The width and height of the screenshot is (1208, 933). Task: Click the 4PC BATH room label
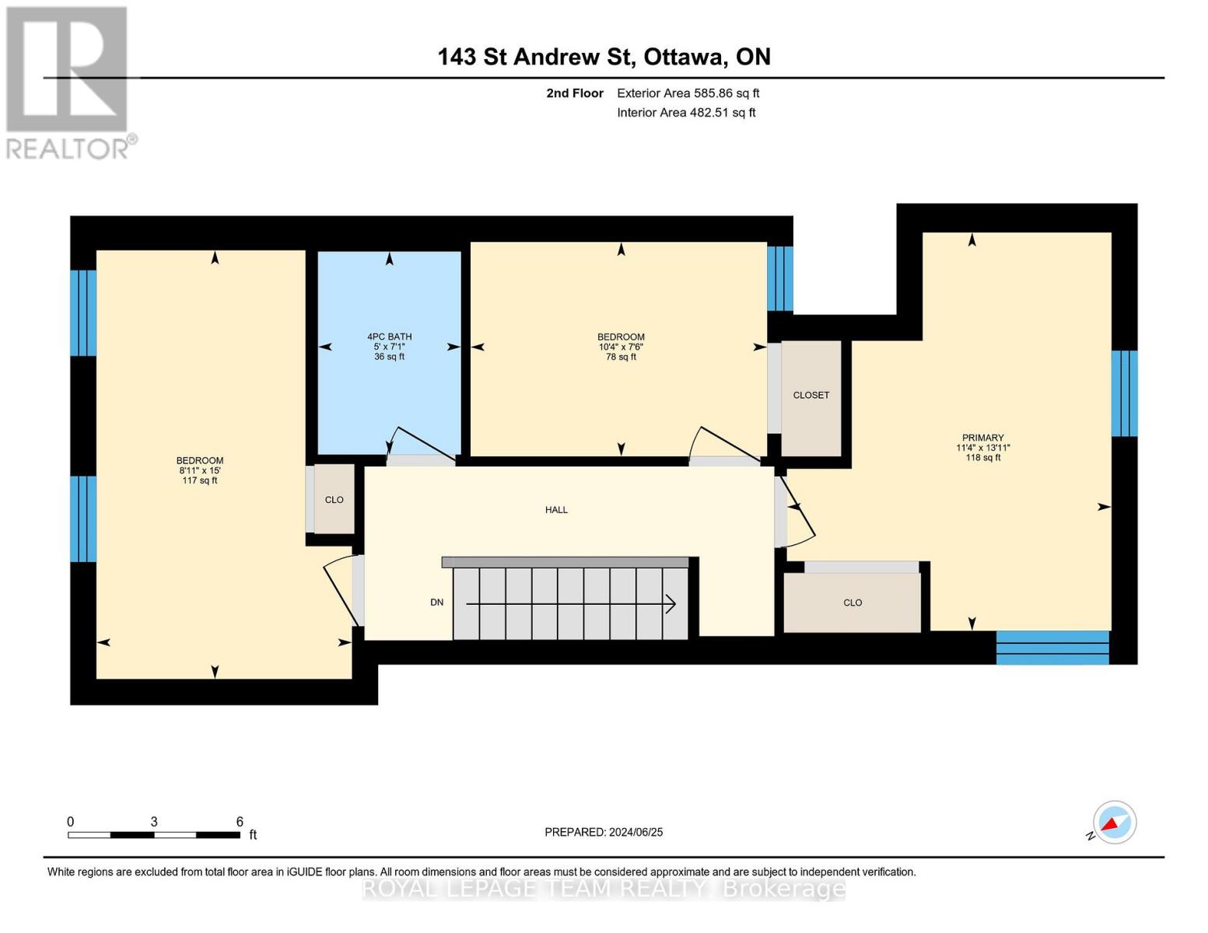tap(389, 336)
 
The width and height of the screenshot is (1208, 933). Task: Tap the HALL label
tap(556, 509)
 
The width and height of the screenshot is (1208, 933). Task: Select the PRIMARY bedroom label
tap(983, 437)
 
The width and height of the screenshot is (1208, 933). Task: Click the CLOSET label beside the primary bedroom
tap(811, 395)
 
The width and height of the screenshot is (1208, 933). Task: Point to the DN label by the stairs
tap(437, 602)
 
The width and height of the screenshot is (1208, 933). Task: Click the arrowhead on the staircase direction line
tap(671, 603)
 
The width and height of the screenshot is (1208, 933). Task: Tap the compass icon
tap(1114, 823)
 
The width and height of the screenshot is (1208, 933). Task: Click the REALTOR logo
tap(69, 83)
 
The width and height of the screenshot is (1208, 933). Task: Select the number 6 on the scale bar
tap(240, 821)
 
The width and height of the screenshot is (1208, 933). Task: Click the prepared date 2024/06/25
tap(636, 832)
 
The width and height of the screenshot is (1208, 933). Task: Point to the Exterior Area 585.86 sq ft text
tap(688, 93)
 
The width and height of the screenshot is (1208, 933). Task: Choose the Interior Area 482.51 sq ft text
tap(686, 113)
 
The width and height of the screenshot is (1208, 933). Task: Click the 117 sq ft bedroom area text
tap(200, 480)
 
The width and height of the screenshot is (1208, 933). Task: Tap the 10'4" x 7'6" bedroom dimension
tap(621, 347)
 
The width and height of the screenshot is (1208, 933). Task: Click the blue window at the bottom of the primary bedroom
tap(1052, 648)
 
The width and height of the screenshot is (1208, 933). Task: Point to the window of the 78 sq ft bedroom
tap(780, 278)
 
